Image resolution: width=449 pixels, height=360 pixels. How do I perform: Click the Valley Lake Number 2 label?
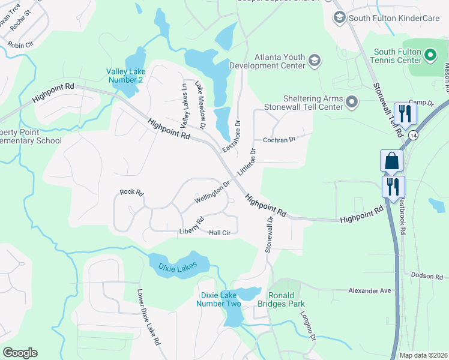(x=125, y=75)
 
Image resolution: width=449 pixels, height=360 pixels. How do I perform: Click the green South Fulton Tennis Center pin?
(x=430, y=56)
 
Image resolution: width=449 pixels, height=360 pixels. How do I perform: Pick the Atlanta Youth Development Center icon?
(x=314, y=60)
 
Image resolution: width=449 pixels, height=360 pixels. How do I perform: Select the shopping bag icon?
(x=391, y=161)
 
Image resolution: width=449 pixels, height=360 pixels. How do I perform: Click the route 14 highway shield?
(x=414, y=136)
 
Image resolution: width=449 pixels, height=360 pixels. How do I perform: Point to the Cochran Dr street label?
(x=280, y=140)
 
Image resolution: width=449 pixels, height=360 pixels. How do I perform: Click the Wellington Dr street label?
(x=212, y=193)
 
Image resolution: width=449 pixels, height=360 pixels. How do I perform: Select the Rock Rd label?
(x=131, y=192)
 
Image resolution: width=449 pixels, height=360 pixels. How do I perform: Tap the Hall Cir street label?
(x=220, y=233)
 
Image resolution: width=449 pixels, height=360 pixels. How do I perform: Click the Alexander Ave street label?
(x=370, y=290)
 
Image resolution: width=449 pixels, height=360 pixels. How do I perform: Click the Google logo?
(x=20, y=353)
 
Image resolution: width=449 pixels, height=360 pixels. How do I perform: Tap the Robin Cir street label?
(x=20, y=45)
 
